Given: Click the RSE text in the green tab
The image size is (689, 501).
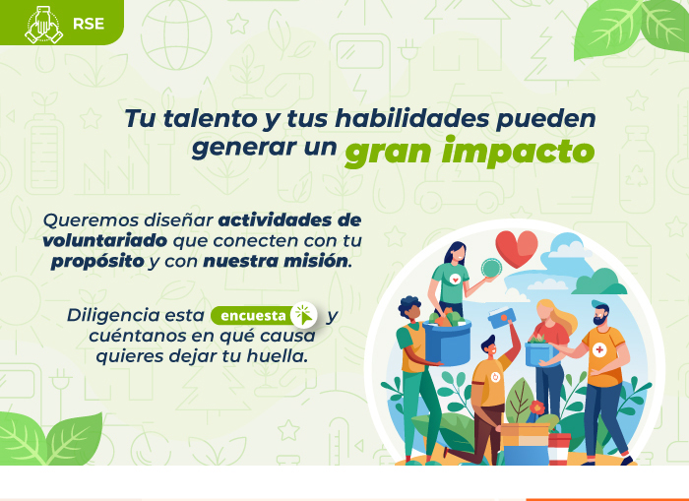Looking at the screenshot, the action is click(x=89, y=24).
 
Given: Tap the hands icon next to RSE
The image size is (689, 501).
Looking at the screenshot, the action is click(x=43, y=25).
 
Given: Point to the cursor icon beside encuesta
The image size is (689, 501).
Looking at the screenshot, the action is click(x=304, y=315).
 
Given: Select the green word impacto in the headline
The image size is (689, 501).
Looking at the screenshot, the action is click(x=519, y=152).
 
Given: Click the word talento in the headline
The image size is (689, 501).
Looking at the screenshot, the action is click(x=210, y=119).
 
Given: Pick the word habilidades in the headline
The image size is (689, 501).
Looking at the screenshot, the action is click(x=412, y=118).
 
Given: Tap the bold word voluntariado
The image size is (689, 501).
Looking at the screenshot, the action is click(x=105, y=240).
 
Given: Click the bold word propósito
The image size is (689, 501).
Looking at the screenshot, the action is click(x=97, y=262).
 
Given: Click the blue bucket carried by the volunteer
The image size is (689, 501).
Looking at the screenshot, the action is click(x=448, y=342).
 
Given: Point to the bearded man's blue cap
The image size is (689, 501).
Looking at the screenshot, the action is click(x=599, y=304).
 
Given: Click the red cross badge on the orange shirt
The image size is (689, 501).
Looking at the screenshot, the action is click(x=599, y=350).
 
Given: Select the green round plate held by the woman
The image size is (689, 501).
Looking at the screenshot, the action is click(x=491, y=268).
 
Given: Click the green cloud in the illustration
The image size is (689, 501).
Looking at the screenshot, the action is click(x=600, y=282).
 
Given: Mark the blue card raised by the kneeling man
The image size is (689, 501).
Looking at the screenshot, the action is click(x=502, y=318).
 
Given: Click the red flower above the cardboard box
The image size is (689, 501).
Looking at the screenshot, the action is click(x=537, y=407).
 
